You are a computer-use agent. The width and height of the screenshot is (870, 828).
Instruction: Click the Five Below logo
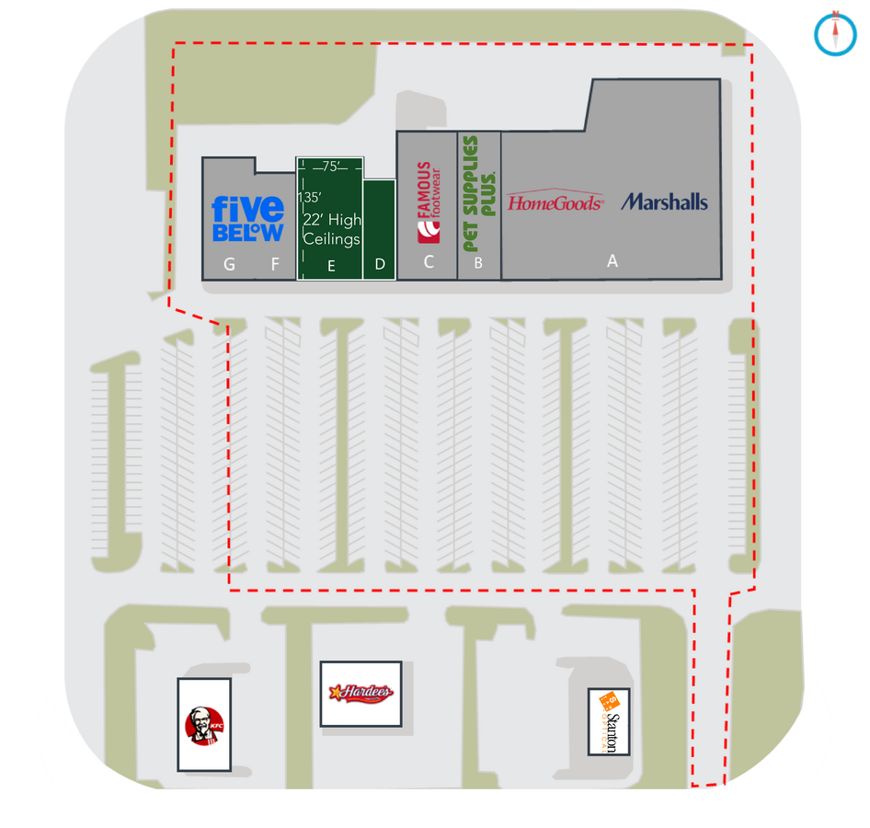click(x=247, y=218)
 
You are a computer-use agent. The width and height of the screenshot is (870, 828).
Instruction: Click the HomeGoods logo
click(x=555, y=201)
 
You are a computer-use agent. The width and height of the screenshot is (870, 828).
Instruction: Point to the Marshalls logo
click(x=664, y=201)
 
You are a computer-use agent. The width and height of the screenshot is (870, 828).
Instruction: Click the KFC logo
click(x=203, y=725)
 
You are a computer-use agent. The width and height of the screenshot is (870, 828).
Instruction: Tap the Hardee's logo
click(x=361, y=693)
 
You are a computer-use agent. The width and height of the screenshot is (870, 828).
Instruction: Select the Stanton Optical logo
click(x=609, y=722)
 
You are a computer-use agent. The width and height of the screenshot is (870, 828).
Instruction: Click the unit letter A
click(x=612, y=262)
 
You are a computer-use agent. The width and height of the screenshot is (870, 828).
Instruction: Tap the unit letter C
click(x=428, y=263)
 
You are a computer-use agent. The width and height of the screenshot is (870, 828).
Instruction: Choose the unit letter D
click(x=380, y=265)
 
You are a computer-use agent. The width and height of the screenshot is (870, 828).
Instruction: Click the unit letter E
click(x=331, y=266)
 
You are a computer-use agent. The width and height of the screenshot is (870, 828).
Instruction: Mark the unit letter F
click(x=274, y=265)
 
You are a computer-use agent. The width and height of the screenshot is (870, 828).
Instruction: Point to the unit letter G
click(x=229, y=265)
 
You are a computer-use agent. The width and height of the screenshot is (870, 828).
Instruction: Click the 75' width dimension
click(x=331, y=167)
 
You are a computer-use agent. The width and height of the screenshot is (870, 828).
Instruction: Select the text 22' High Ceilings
click(x=332, y=229)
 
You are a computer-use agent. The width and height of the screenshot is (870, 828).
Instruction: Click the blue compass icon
click(x=834, y=32)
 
